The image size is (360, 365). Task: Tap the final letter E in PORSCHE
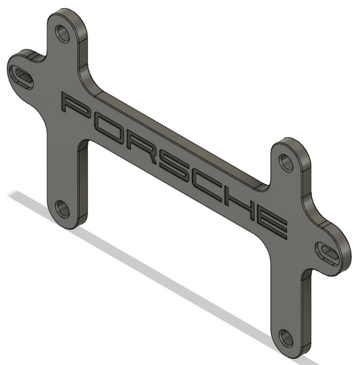(x=271, y=223)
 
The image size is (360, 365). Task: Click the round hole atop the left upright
(x=62, y=33)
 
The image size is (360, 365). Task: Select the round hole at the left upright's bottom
(x=62, y=209)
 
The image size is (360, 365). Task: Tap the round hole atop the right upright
(x=286, y=162)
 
